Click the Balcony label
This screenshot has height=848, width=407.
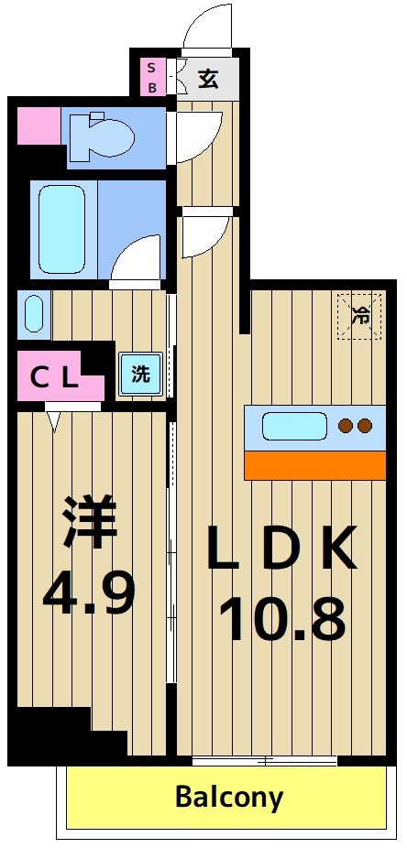(229, 796)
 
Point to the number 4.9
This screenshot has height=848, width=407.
(89, 593)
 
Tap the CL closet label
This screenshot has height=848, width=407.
(52, 376)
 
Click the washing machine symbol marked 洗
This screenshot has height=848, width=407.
(140, 374)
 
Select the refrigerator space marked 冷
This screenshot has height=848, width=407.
(358, 316)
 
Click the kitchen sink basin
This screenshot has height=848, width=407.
(294, 426)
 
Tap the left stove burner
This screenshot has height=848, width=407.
(346, 426)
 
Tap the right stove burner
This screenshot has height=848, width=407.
(365, 426)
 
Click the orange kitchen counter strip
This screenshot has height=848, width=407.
(314, 465)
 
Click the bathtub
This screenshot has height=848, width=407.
(63, 229)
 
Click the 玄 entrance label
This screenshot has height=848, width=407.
(209, 79)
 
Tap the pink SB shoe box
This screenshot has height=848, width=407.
(153, 78)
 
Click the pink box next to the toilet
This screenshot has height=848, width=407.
(38, 124)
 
